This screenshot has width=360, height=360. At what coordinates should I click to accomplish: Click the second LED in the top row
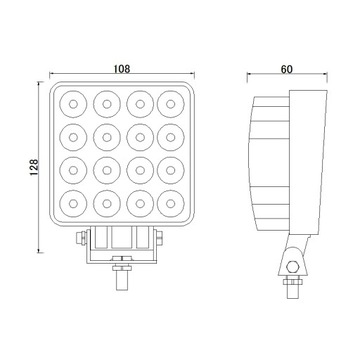(x=105, y=100)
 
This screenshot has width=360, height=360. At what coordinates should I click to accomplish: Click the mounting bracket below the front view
(x=120, y=242)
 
